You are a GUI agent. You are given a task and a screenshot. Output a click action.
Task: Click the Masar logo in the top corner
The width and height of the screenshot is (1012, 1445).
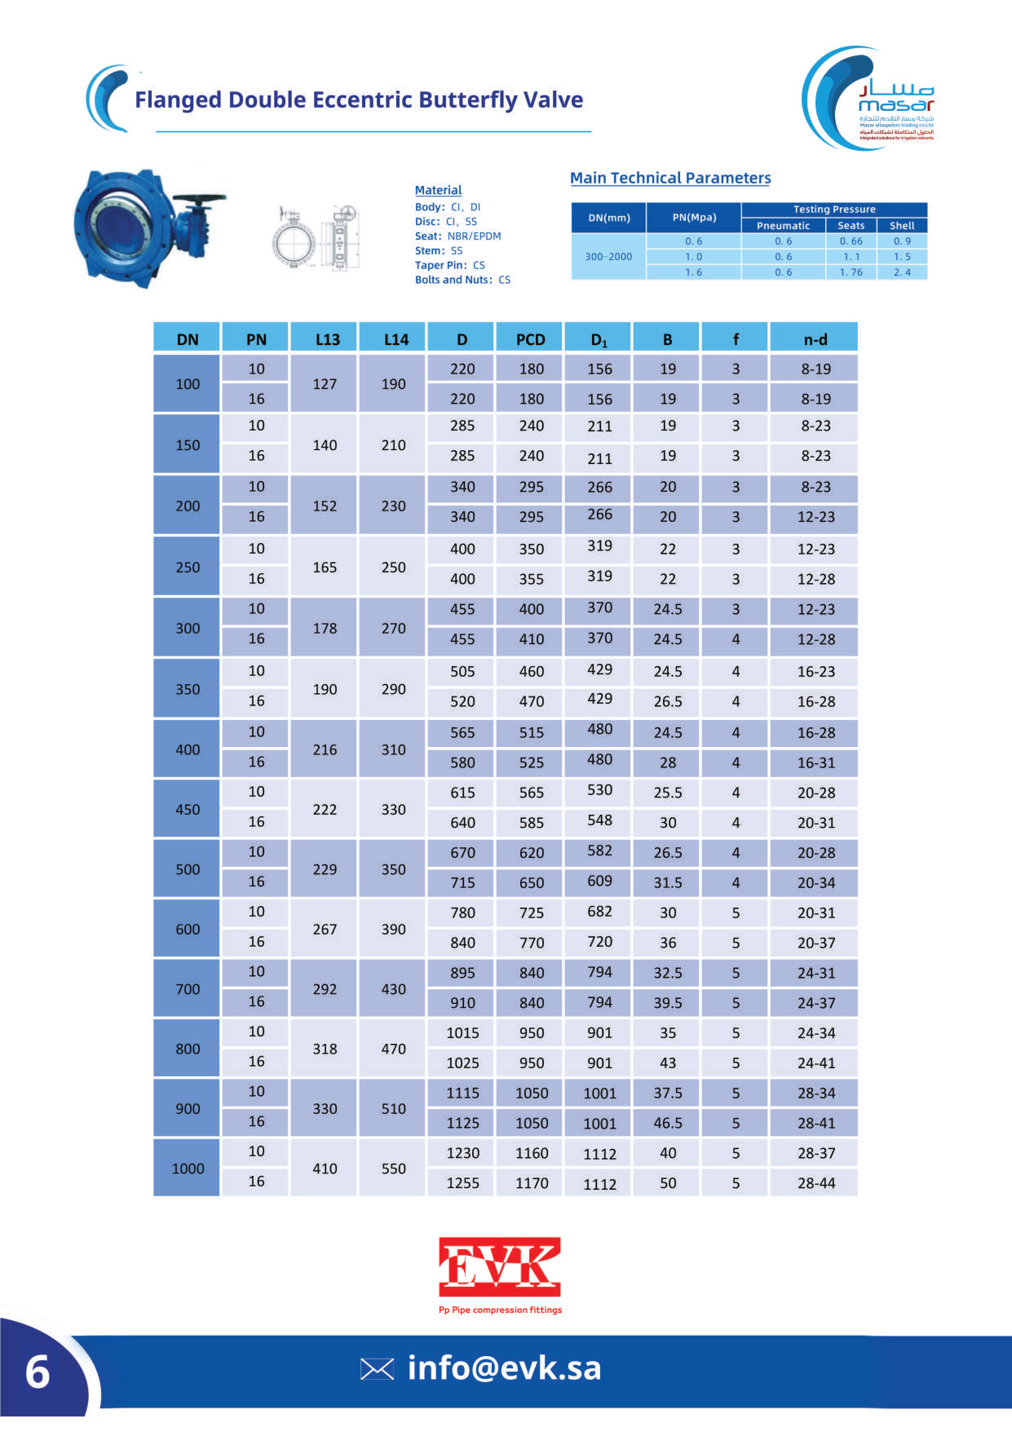pos(868,98)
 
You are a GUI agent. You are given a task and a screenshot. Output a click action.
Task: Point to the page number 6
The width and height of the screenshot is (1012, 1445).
pos(38,1372)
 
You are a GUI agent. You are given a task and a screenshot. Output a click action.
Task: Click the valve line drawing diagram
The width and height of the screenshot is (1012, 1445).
pos(316,238)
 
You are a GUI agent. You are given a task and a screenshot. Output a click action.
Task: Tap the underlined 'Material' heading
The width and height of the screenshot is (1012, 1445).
pos(438,190)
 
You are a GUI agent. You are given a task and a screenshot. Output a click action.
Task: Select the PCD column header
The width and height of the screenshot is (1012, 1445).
pos(530,340)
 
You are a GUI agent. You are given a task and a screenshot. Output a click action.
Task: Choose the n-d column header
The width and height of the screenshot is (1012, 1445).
pos(815,340)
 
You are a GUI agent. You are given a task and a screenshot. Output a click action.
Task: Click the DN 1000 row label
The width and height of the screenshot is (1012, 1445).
pos(188,1169)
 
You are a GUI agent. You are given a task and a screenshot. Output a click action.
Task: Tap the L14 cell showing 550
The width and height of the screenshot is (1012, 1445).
pos(393,1169)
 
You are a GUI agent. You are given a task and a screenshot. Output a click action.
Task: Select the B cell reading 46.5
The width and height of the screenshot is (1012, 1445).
pos(668,1123)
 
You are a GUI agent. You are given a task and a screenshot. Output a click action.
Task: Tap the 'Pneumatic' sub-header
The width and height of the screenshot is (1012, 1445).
pos(783,225)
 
